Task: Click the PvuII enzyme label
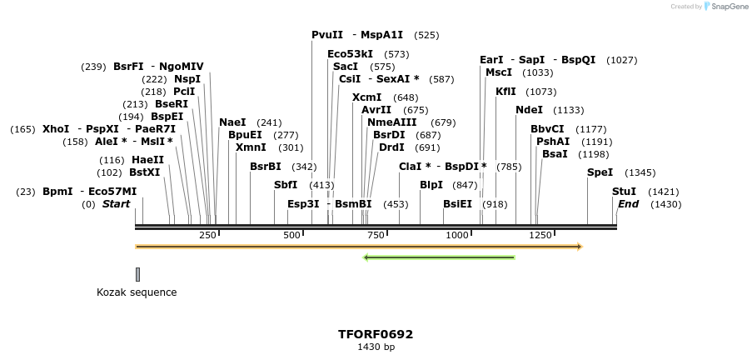pos(327,35)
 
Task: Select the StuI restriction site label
pos(624,192)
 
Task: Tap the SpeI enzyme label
pos(600,172)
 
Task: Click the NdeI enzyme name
pos(529,110)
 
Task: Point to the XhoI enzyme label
pos(56,129)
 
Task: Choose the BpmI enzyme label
pos(57,192)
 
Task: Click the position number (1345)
pos(640,173)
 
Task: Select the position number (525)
pos(426,35)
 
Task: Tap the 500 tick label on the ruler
pos(291,235)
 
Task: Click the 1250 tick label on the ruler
pos(540,235)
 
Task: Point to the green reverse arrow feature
pos(439,257)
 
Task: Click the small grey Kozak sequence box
pos(137,274)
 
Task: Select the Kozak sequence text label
pos(137,292)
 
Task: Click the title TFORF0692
pos(376,334)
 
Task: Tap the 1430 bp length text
pos(376,347)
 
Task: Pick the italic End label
pos(628,204)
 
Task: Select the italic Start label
pos(116,204)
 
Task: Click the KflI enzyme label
pos(505,92)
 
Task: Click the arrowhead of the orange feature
pos(579,247)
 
